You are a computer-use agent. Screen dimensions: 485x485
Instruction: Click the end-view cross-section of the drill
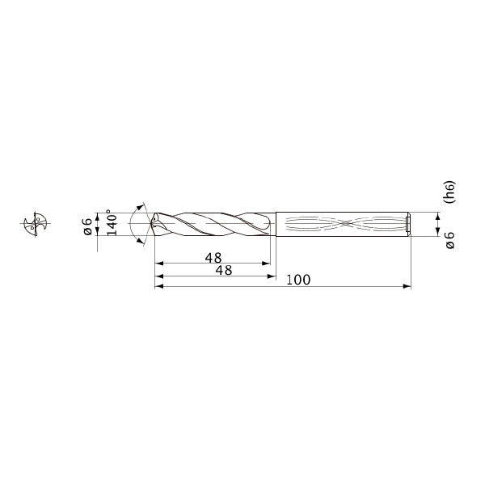[36, 224]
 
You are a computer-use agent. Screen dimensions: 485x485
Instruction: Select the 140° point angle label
[112, 223]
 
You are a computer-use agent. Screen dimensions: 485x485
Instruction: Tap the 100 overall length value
[298, 280]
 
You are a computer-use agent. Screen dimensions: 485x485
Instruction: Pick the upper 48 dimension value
[213, 258]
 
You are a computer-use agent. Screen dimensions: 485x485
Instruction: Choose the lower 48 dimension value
[224, 270]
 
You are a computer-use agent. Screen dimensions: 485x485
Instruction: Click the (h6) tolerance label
[449, 192]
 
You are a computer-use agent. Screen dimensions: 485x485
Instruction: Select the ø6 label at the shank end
[450, 240]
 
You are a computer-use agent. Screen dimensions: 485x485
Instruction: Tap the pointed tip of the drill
[151, 223]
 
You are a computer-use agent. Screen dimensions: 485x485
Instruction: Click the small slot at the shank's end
[408, 224]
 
